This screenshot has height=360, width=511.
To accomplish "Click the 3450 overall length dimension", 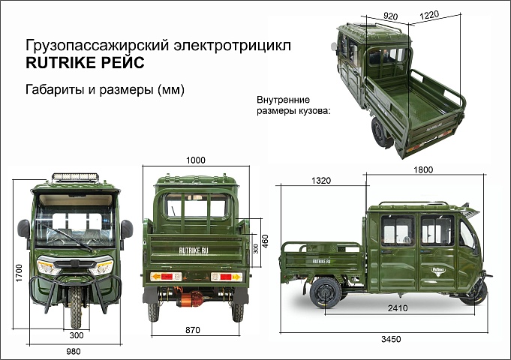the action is pyautogui.click(x=391, y=339).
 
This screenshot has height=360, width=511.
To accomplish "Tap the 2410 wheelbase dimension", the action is pyautogui.click(x=398, y=307).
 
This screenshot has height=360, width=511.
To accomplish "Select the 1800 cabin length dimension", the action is pyautogui.click(x=423, y=169).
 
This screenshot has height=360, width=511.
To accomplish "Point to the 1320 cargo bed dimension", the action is pyautogui.click(x=321, y=181).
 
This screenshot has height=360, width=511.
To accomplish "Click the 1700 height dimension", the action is pyautogui.click(x=19, y=273).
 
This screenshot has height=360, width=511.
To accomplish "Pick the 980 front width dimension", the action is pyautogui.click(x=74, y=351).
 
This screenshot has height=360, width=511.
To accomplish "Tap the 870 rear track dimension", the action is pyautogui.click(x=193, y=330).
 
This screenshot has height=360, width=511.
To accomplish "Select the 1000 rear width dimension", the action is pyautogui.click(x=196, y=160).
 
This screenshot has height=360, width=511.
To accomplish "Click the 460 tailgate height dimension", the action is pyautogui.click(x=265, y=241).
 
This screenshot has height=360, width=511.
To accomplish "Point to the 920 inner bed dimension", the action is pyautogui.click(x=390, y=16).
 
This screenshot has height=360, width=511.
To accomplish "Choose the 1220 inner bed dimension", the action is pyautogui.click(x=429, y=15).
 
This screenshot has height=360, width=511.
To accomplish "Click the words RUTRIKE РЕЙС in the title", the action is pyautogui.click(x=85, y=62).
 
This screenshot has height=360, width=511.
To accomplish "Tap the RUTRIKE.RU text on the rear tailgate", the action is pyautogui.click(x=194, y=250).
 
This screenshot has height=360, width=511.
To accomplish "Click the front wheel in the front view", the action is pyautogui.click(x=76, y=307).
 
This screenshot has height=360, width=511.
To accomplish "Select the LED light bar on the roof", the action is pyautogui.click(x=75, y=177).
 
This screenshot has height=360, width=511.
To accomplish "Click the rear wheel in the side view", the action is pyautogui.click(x=326, y=292).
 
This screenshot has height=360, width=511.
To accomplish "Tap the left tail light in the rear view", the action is pyautogui.click(x=166, y=277).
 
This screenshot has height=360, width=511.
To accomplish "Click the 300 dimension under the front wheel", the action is pyautogui.click(x=77, y=335).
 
